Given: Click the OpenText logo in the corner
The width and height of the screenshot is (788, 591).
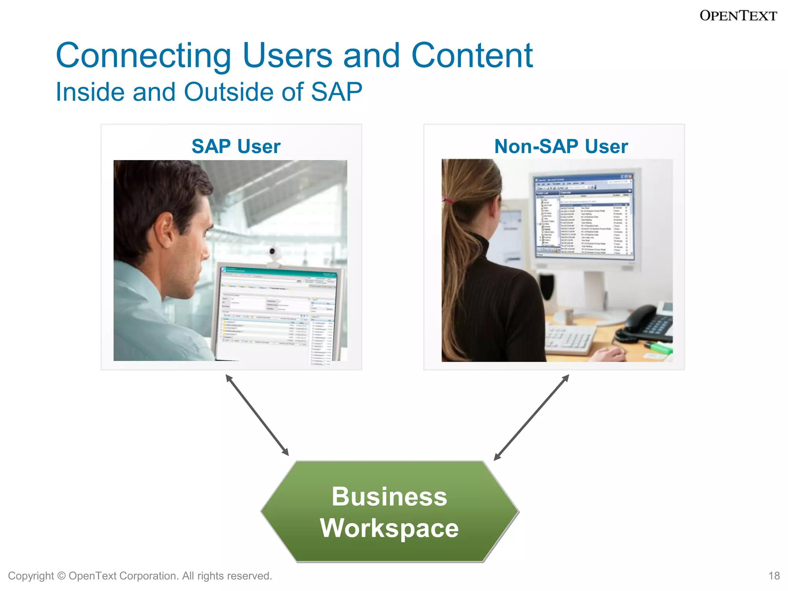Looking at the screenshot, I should coord(738,16).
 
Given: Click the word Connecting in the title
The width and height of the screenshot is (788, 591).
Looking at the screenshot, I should coord(143,56).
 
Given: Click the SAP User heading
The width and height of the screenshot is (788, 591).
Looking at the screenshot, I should coord(236,147).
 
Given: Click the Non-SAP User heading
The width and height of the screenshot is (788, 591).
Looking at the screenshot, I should coord(561,147).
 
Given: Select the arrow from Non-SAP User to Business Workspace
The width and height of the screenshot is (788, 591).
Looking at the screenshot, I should coord(531,417).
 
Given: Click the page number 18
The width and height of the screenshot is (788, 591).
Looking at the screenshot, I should coord(774,576).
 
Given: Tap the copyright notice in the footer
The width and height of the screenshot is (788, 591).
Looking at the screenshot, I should coord(140,576).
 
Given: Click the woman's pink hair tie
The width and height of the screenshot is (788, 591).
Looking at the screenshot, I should coord(447,200).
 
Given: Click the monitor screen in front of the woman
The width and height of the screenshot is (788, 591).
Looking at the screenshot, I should coord(583,217).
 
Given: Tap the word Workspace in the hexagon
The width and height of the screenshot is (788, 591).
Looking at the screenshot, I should coord(389,528).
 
